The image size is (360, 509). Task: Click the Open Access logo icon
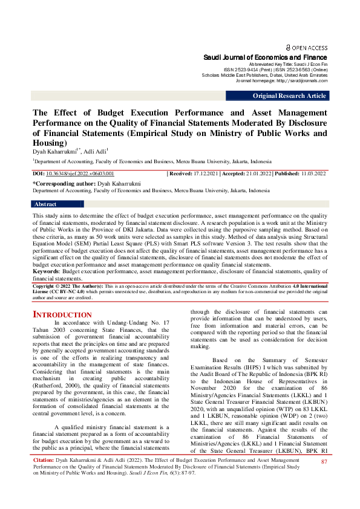pos(288,47)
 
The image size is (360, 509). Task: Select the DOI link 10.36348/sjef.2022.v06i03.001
pos(80,173)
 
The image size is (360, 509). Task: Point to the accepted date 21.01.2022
pos(257,173)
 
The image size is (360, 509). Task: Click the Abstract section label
pos(46,204)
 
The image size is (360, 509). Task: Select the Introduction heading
pos(62,315)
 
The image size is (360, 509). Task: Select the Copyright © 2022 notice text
pos(57,285)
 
